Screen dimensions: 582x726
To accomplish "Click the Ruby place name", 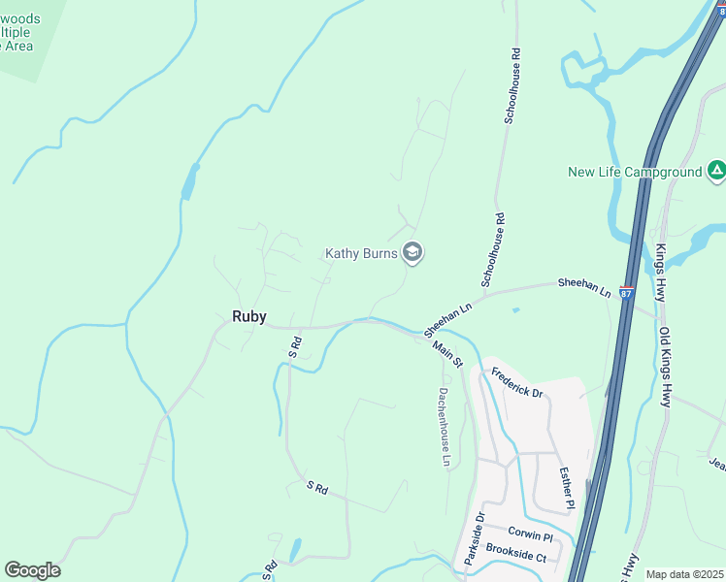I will (248, 316).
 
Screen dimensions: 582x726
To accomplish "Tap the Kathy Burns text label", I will (361, 254).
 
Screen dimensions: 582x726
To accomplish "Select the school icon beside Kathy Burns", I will (412, 253).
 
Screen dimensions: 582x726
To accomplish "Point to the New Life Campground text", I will (635, 173).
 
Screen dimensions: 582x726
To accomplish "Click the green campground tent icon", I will (716, 171).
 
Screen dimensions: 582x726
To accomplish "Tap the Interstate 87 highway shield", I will (626, 292).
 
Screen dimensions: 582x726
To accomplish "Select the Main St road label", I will (447, 353).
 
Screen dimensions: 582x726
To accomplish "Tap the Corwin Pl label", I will (530, 536).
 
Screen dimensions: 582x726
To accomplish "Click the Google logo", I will (32, 570).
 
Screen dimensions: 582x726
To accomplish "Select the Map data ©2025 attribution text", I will (684, 574).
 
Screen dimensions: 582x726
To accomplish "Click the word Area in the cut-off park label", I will (16, 46).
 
